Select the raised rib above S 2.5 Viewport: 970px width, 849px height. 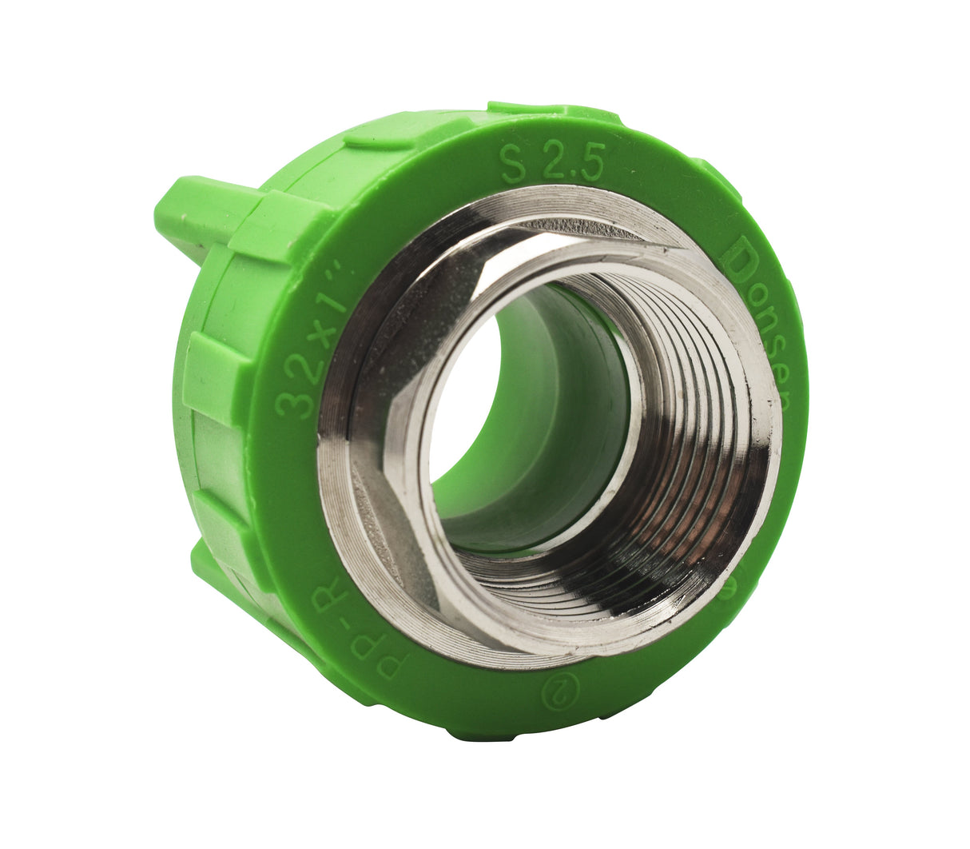(551, 111)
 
